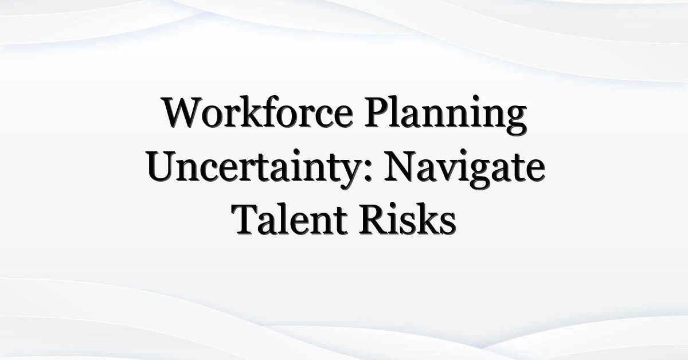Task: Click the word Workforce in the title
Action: click(x=258, y=112)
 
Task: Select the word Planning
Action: click(x=445, y=116)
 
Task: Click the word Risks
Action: click(x=407, y=220)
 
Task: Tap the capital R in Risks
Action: click(x=373, y=220)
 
